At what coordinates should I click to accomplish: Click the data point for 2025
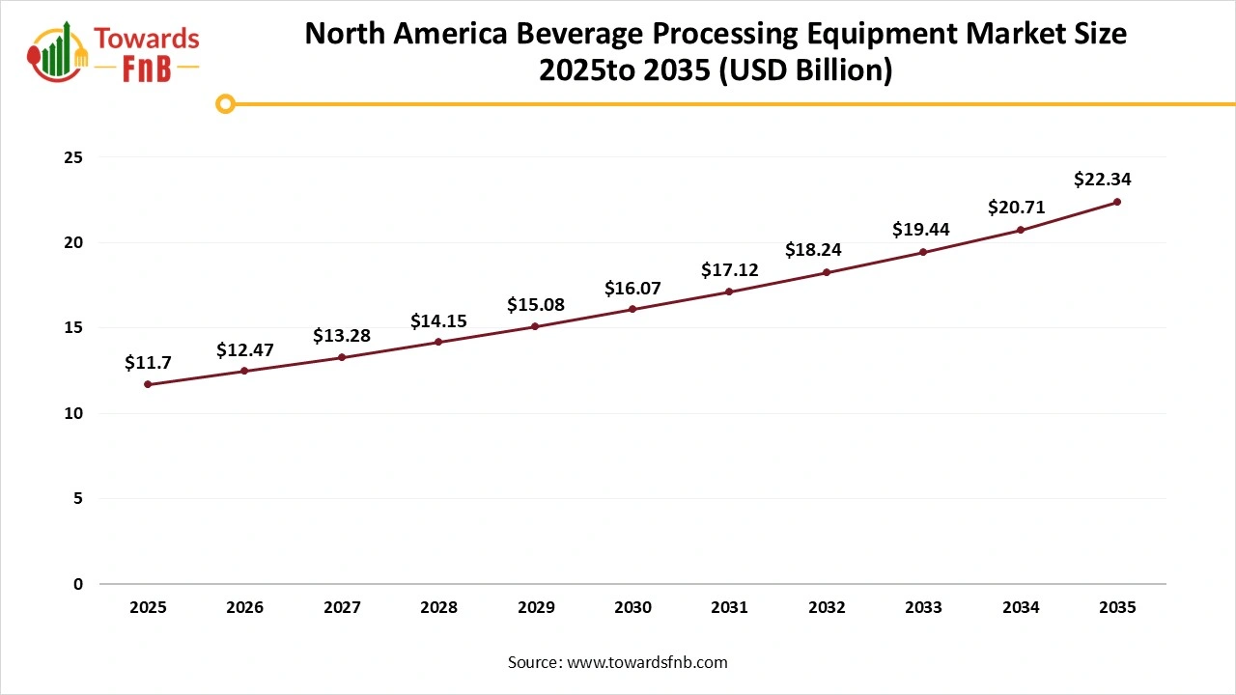coord(148,384)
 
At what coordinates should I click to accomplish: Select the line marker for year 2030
coord(632,309)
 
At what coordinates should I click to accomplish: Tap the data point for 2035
coord(1117,202)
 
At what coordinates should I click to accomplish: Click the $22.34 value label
coord(1102,179)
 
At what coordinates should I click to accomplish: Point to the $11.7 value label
coord(148,362)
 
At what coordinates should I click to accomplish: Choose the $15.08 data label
coord(536,305)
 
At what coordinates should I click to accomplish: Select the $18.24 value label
coord(813,249)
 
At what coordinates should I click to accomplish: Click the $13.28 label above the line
coord(342,336)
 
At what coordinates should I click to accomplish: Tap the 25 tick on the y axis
coord(74,157)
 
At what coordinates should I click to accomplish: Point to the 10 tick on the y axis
coord(74,413)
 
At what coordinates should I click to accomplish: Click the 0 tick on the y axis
coord(78,584)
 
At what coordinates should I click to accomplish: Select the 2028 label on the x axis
coord(438,608)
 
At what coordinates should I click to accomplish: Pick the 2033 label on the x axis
coord(923,608)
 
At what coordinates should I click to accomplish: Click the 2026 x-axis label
coord(244,608)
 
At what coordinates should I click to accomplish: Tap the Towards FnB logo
coord(114,51)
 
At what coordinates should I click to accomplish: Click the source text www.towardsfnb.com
coord(647,662)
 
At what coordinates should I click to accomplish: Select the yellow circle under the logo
coord(225,103)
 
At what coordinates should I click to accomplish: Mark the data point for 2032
coord(827,272)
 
